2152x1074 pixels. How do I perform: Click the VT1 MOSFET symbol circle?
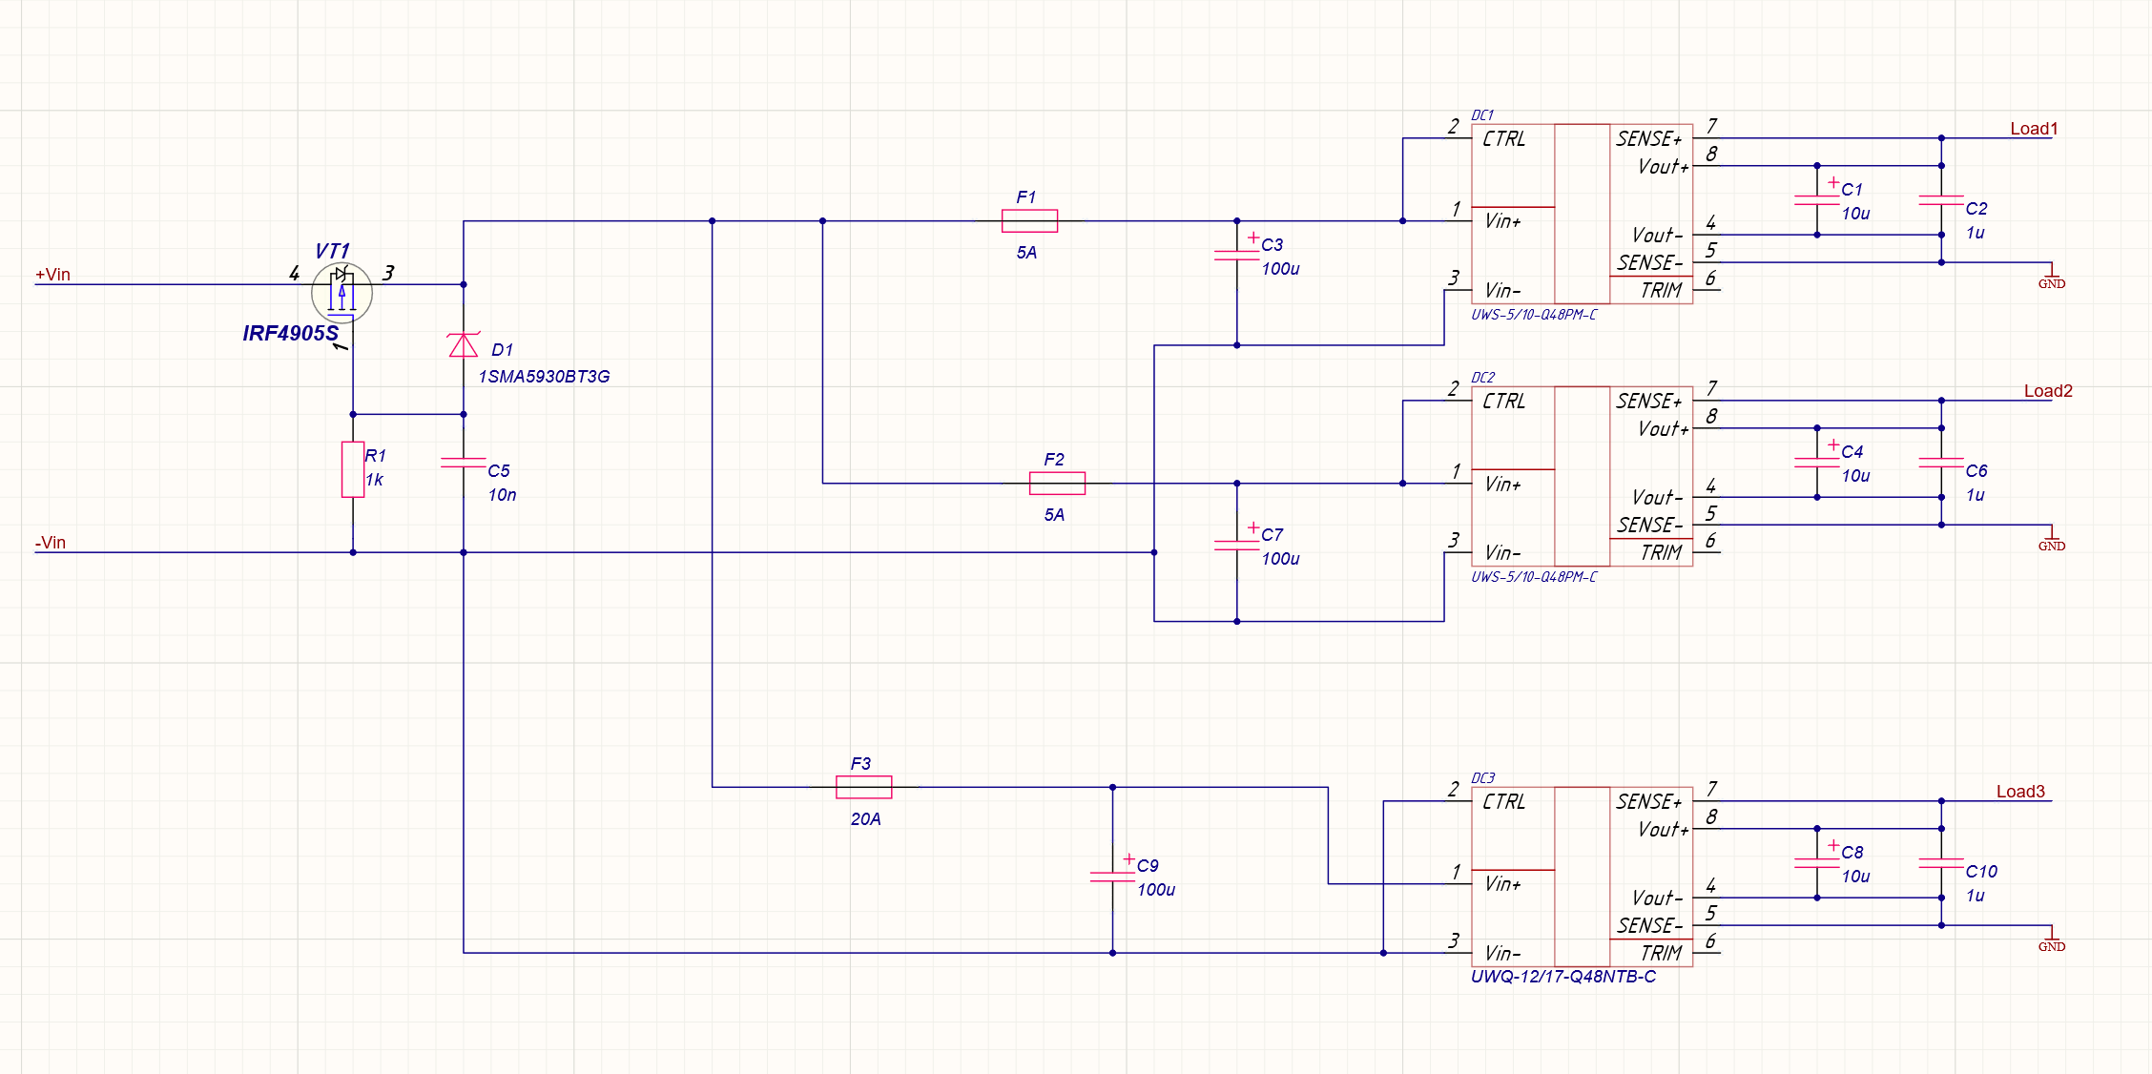tap(341, 293)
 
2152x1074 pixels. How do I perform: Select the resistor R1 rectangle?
tap(353, 469)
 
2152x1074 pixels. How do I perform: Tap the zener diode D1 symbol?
tap(464, 344)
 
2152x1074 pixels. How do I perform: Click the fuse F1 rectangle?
tap(1029, 221)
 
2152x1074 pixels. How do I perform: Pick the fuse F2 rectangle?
tap(1057, 484)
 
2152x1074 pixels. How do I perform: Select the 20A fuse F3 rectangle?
tap(863, 787)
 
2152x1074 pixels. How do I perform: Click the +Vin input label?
tap(52, 275)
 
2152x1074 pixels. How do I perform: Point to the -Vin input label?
tap(51, 543)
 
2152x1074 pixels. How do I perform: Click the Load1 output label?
tap(2034, 129)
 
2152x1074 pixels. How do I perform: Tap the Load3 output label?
tap(2020, 792)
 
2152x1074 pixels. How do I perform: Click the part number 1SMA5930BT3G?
tap(544, 377)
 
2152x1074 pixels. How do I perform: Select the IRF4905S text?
tap(290, 333)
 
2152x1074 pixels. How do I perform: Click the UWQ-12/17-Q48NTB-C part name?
tap(1562, 977)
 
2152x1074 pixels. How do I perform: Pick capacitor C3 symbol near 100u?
tap(1237, 255)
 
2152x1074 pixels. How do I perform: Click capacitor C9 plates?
tap(1112, 876)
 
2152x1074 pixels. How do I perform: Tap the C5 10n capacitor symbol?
tap(464, 463)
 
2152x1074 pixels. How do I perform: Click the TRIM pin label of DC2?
tap(1661, 552)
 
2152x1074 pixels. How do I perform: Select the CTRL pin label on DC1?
tap(1503, 139)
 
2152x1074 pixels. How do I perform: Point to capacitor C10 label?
tap(1980, 871)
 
